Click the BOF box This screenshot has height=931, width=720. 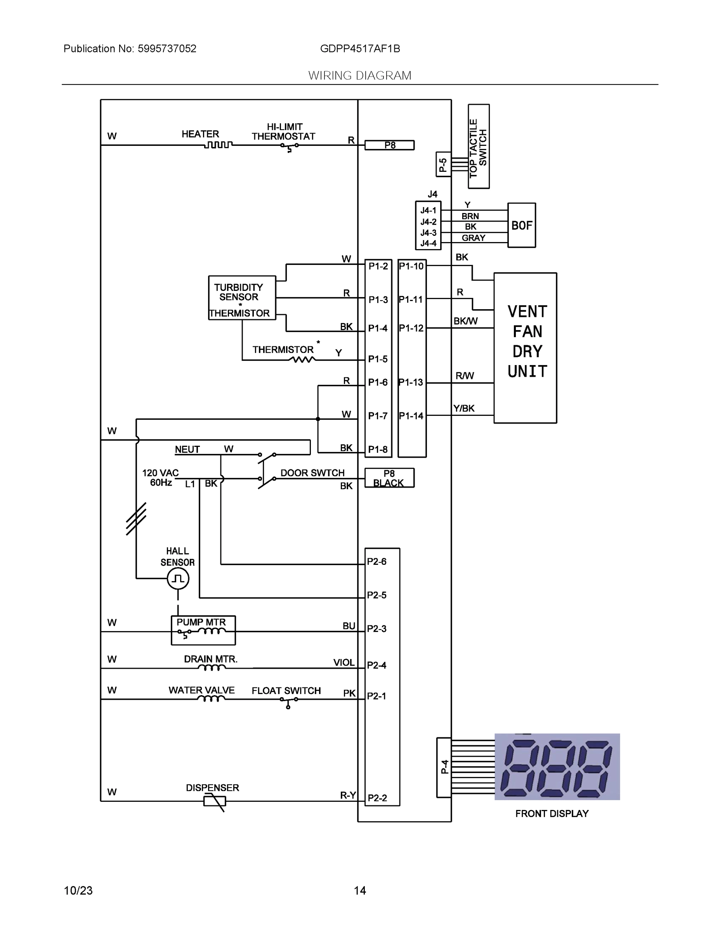[521, 225]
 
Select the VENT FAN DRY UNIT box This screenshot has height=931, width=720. [525, 348]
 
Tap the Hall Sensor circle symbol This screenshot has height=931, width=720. [178, 578]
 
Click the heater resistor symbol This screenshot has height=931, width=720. [218, 145]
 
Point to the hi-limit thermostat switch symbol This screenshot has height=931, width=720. [289, 146]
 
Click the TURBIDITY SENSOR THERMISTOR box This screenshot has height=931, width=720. [242, 298]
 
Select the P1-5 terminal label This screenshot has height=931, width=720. [378, 359]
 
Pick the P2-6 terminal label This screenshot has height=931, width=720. [376, 561]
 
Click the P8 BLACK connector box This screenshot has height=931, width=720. [389, 478]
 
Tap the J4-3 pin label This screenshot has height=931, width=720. [428, 233]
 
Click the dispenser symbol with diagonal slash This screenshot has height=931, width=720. [215, 801]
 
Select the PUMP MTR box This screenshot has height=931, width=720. [203, 630]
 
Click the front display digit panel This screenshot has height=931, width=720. [557, 767]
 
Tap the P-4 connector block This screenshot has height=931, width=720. [444, 767]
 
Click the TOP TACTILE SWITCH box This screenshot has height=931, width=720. [478, 146]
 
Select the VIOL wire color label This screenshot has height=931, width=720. [344, 663]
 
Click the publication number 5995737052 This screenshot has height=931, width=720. [167, 48]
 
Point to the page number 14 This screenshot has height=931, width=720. [359, 891]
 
